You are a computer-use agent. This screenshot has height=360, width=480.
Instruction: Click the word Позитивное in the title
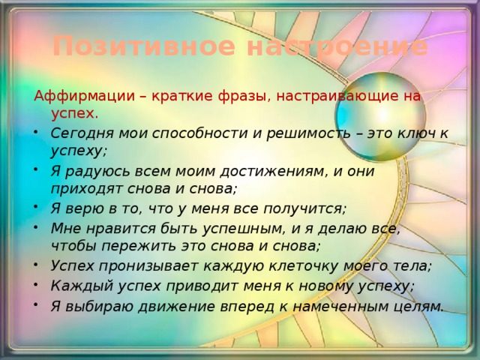coord(144,46)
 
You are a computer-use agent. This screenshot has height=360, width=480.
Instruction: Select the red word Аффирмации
coord(85,97)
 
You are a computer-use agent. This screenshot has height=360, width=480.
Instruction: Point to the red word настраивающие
coord(331,97)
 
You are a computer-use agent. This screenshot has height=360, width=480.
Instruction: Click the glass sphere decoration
coord(380,117)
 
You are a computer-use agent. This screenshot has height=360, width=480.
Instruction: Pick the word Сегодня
coord(82,133)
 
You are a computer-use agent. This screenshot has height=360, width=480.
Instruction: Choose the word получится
coord(304,208)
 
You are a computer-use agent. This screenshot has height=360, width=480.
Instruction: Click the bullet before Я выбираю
coord(36,304)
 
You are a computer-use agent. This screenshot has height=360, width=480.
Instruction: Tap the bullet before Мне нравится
coord(36,226)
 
